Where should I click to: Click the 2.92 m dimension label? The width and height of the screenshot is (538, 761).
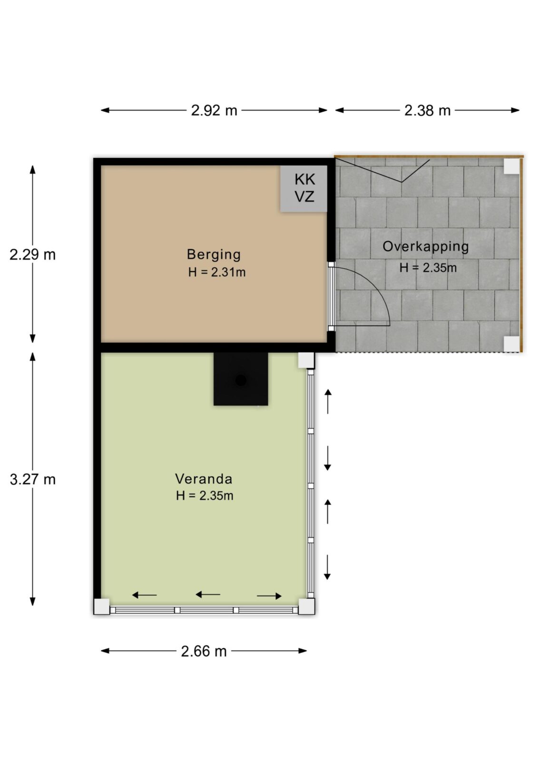214,110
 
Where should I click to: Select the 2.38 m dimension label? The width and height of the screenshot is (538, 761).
427,110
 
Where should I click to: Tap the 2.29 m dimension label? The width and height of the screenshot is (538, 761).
33,254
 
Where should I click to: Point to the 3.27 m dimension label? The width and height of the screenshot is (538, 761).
33,479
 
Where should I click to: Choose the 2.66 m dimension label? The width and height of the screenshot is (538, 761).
204,651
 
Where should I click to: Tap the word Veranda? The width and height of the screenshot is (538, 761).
204,479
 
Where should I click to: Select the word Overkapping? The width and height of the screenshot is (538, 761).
426,247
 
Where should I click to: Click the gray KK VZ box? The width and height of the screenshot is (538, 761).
304,188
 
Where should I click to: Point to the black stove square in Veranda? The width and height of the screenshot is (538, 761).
241,379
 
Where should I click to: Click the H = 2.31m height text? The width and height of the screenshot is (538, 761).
217,272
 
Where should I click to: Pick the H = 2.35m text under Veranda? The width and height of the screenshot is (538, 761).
205,496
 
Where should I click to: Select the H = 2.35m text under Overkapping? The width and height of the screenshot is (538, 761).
428,268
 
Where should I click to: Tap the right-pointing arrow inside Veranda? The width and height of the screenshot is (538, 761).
269,596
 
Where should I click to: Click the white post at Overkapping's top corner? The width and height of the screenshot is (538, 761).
511,166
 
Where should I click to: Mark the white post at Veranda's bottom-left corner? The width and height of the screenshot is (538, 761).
102,606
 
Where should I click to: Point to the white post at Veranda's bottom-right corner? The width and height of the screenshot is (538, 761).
306,606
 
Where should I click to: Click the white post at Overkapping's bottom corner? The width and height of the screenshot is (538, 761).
511,344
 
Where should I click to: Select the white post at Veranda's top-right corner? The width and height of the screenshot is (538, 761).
306,360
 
